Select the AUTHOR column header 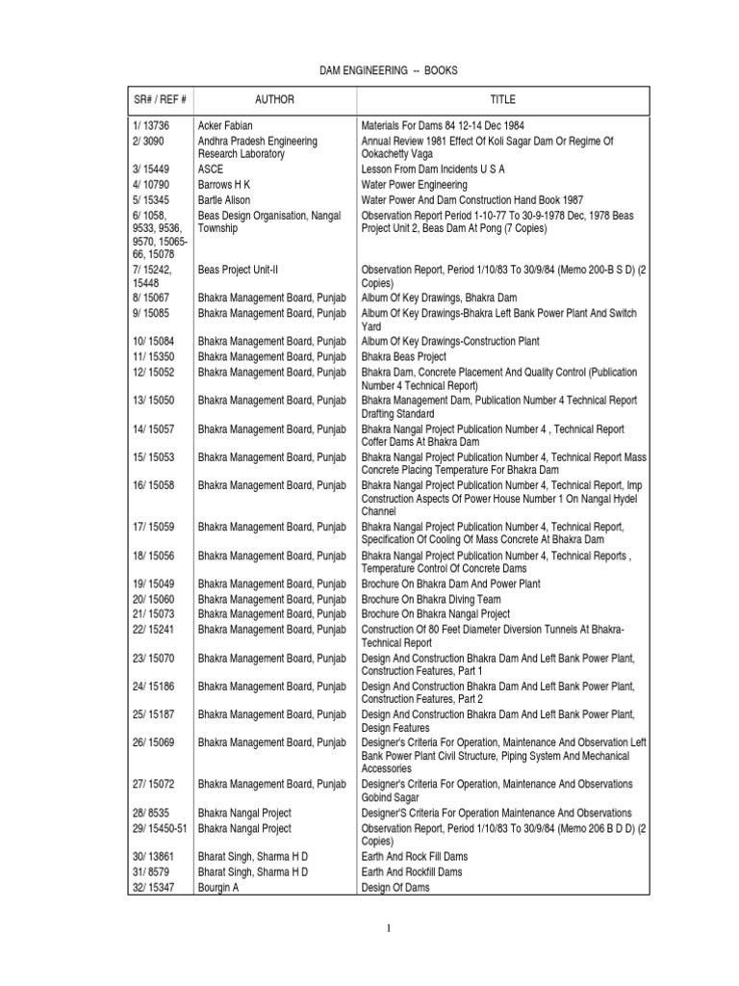click(274, 99)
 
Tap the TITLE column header click(502, 99)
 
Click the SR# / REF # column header click(159, 99)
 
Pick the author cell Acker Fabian click(225, 126)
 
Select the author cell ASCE click(211, 170)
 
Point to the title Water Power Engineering click(414, 185)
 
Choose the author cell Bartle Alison click(224, 200)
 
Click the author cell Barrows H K click(226, 185)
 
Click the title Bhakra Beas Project click(403, 357)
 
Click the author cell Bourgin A click(217, 888)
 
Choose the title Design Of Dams click(395, 888)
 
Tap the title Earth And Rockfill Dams click(411, 872)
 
